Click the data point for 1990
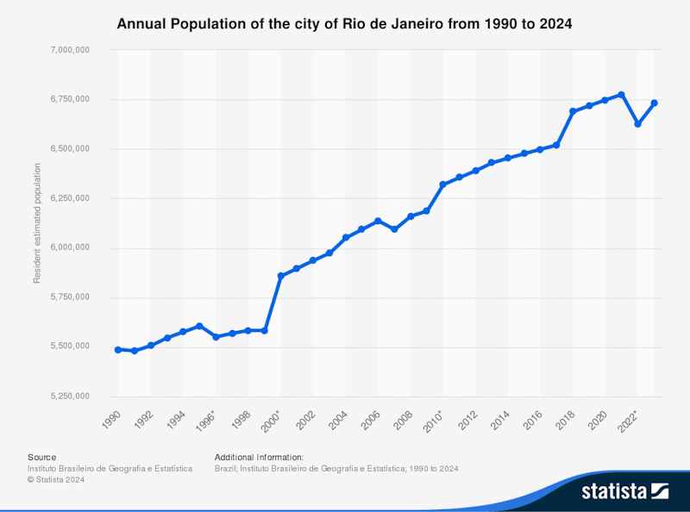click(118, 349)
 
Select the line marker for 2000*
click(280, 276)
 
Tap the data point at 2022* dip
click(637, 124)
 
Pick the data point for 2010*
click(442, 184)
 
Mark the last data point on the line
click(654, 103)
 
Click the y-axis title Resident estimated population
click(37, 224)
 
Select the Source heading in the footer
click(41, 457)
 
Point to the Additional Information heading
click(259, 457)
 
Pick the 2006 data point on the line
click(378, 221)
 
